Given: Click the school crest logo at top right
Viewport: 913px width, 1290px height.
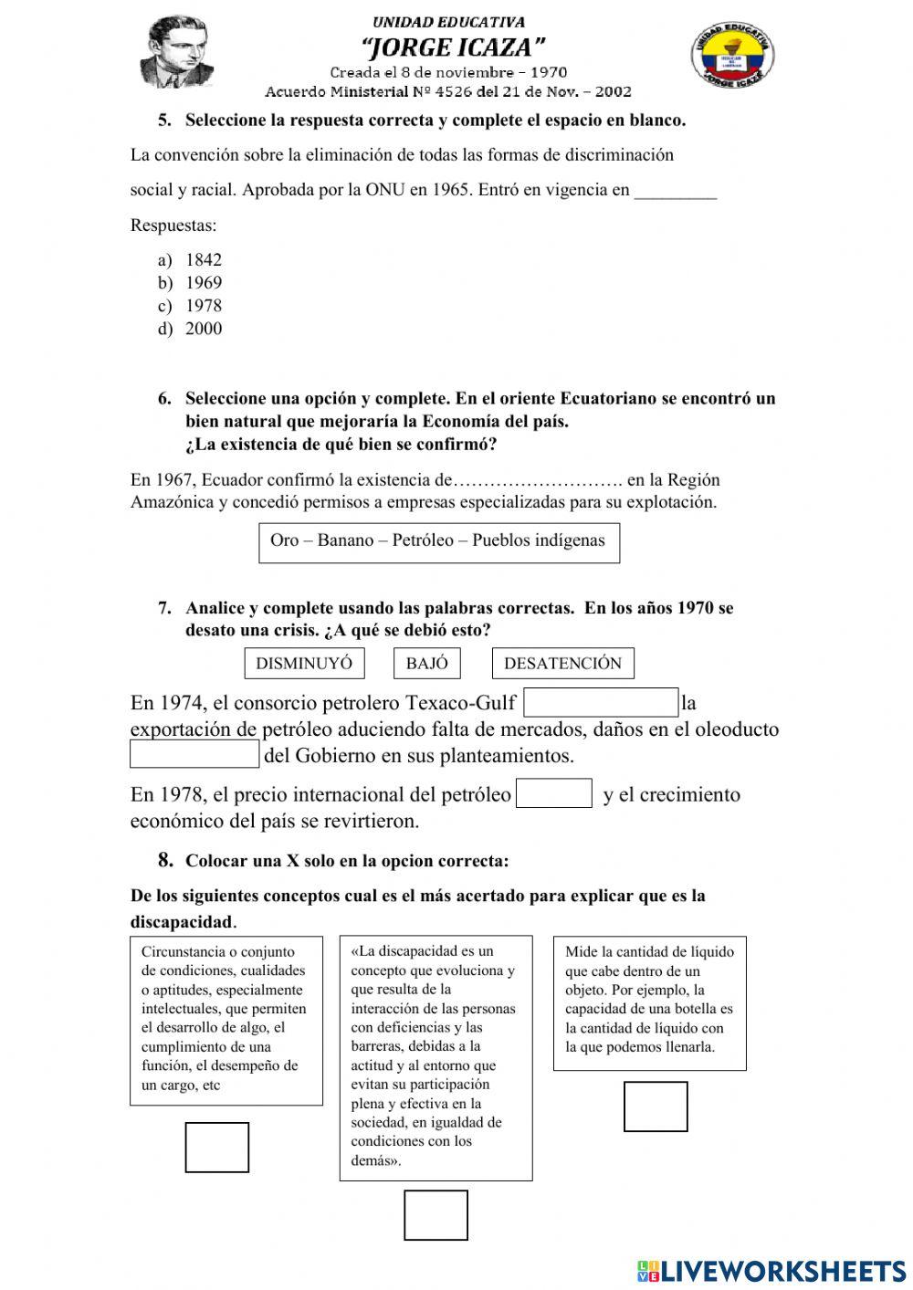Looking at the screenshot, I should pyautogui.click(x=733, y=55).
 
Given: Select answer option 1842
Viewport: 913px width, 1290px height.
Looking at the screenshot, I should pyautogui.click(x=203, y=260).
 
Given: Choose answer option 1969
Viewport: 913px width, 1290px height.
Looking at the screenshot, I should pyautogui.click(x=203, y=283).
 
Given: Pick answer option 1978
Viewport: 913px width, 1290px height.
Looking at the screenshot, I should pyautogui.click(x=203, y=306).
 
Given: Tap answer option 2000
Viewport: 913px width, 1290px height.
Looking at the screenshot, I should pyautogui.click(x=203, y=329).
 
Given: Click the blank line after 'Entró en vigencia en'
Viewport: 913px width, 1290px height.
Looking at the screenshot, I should pyautogui.click(x=675, y=192).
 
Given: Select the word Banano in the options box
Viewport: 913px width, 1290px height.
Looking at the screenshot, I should pyautogui.click(x=345, y=540).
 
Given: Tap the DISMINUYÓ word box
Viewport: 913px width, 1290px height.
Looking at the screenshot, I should pyautogui.click(x=304, y=664).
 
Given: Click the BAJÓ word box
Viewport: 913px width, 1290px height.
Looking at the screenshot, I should pyautogui.click(x=427, y=664).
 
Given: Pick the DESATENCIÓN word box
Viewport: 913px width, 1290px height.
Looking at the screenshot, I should pyautogui.click(x=562, y=664).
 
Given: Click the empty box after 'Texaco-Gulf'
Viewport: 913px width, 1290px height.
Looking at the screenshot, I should pyautogui.click(x=601, y=703).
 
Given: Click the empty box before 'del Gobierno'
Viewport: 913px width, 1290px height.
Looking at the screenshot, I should pyautogui.click(x=194, y=755).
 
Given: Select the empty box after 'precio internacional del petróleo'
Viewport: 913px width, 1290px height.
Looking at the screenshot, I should pyautogui.click(x=553, y=793).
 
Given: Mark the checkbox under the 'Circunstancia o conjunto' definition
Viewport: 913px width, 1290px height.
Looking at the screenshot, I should pyautogui.click(x=217, y=1147).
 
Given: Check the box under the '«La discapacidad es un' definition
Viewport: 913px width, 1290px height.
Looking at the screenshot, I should pyautogui.click(x=436, y=1215).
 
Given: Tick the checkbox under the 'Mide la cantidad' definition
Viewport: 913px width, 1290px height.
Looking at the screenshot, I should pyautogui.click(x=656, y=1106).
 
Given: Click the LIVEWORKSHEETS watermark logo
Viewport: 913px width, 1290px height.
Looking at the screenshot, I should pyautogui.click(x=771, y=1271).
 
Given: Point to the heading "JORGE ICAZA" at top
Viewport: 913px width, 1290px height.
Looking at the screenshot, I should pyautogui.click(x=453, y=46).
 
